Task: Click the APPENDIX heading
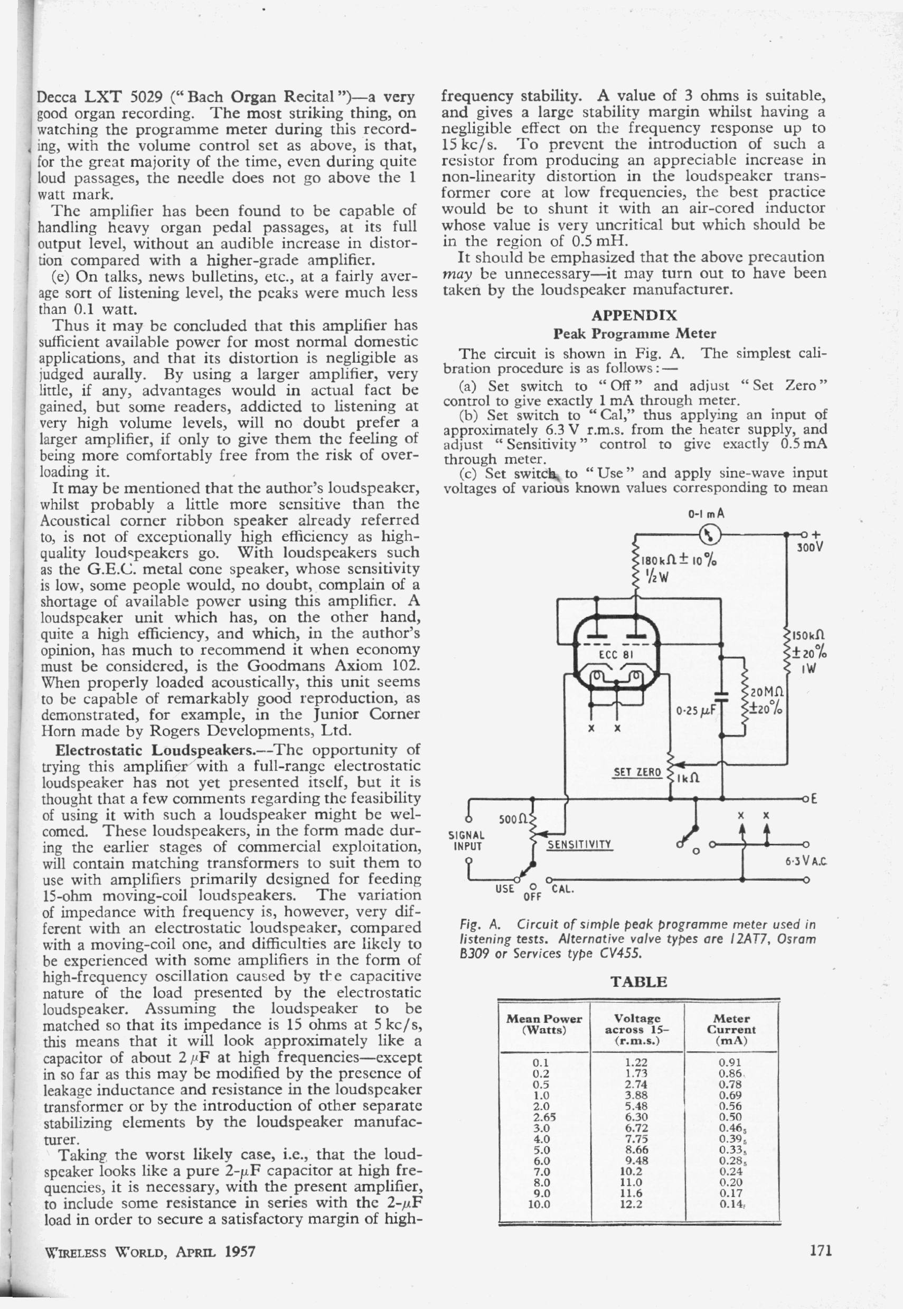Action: coord(634,315)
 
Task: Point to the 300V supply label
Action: coord(811,548)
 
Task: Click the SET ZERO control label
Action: coord(637,771)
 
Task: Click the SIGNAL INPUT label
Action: coord(466,841)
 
